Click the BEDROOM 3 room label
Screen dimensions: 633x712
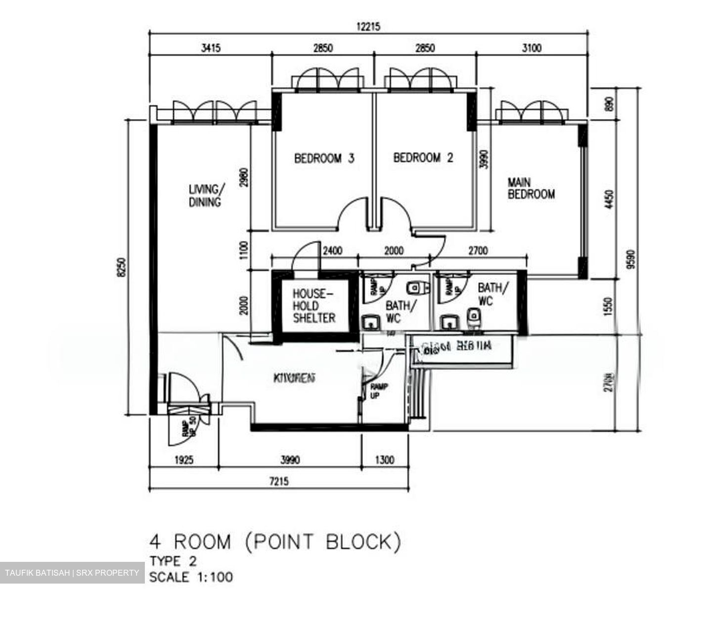pos(324,159)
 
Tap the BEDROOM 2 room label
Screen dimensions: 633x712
pos(423,158)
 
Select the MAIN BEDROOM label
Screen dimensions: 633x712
pos(531,189)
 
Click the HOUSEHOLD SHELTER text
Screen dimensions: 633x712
pos(314,306)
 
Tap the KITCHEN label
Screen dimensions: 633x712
pos(295,379)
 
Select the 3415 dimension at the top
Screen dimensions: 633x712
pos(211,48)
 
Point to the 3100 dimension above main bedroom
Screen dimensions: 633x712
pos(532,48)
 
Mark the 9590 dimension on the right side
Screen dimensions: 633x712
pos(629,258)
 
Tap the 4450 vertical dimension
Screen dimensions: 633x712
pos(609,200)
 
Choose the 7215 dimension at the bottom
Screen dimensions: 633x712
pos(279,481)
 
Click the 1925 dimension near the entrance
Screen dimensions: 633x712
pos(184,461)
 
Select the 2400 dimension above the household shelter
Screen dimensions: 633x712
pos(332,251)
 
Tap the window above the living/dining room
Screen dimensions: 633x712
pos(215,112)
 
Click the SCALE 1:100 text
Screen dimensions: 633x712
pos(191,577)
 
